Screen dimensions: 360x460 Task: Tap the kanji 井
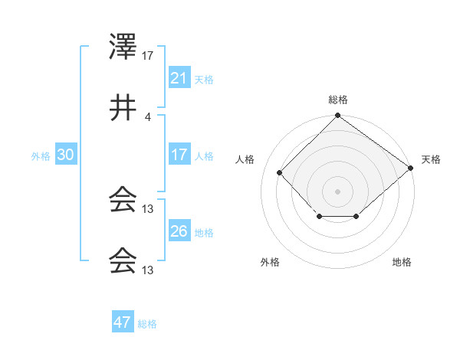123,110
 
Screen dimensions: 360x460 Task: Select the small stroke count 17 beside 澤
148,55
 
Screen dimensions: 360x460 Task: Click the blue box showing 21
179,78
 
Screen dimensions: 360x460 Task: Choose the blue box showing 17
179,155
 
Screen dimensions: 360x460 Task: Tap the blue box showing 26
179,231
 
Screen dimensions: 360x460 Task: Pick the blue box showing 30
65,155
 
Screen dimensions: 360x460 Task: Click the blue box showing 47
123,322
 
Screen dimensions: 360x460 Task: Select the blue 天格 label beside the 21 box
204,79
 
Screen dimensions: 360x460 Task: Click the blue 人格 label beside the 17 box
204,155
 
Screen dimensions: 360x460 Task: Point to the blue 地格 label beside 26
204,232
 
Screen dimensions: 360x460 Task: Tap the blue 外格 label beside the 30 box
41,155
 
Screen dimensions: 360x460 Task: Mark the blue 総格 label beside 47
147,323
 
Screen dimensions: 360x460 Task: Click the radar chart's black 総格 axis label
338,100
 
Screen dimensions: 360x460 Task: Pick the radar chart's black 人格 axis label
245,159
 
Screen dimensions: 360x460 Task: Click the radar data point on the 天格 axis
411,168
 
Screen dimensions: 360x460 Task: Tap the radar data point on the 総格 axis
338,116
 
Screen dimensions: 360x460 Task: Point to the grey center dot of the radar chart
338,191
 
